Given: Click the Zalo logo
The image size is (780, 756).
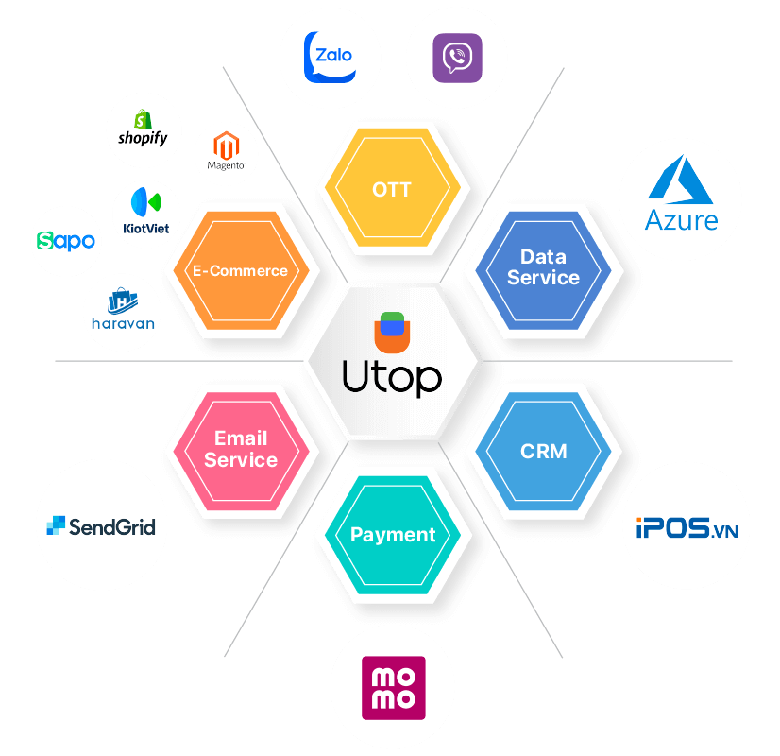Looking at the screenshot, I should tap(330, 56).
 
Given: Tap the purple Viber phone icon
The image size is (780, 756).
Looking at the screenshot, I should tap(457, 59).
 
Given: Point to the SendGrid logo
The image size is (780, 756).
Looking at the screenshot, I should tap(101, 526).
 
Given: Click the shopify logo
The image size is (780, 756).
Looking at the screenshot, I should tap(144, 129).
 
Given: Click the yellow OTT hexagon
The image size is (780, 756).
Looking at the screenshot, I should tap(392, 190).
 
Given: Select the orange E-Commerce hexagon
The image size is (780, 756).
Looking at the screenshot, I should tap(240, 271).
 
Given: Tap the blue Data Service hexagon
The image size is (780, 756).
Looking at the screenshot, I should tap(543, 267).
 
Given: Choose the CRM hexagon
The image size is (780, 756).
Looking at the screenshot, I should tap(544, 452).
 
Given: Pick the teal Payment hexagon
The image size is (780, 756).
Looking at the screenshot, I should tap(393, 535).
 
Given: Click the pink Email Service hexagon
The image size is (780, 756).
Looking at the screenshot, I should tap(241, 450).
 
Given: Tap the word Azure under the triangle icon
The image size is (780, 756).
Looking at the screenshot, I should tap(681, 220).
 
